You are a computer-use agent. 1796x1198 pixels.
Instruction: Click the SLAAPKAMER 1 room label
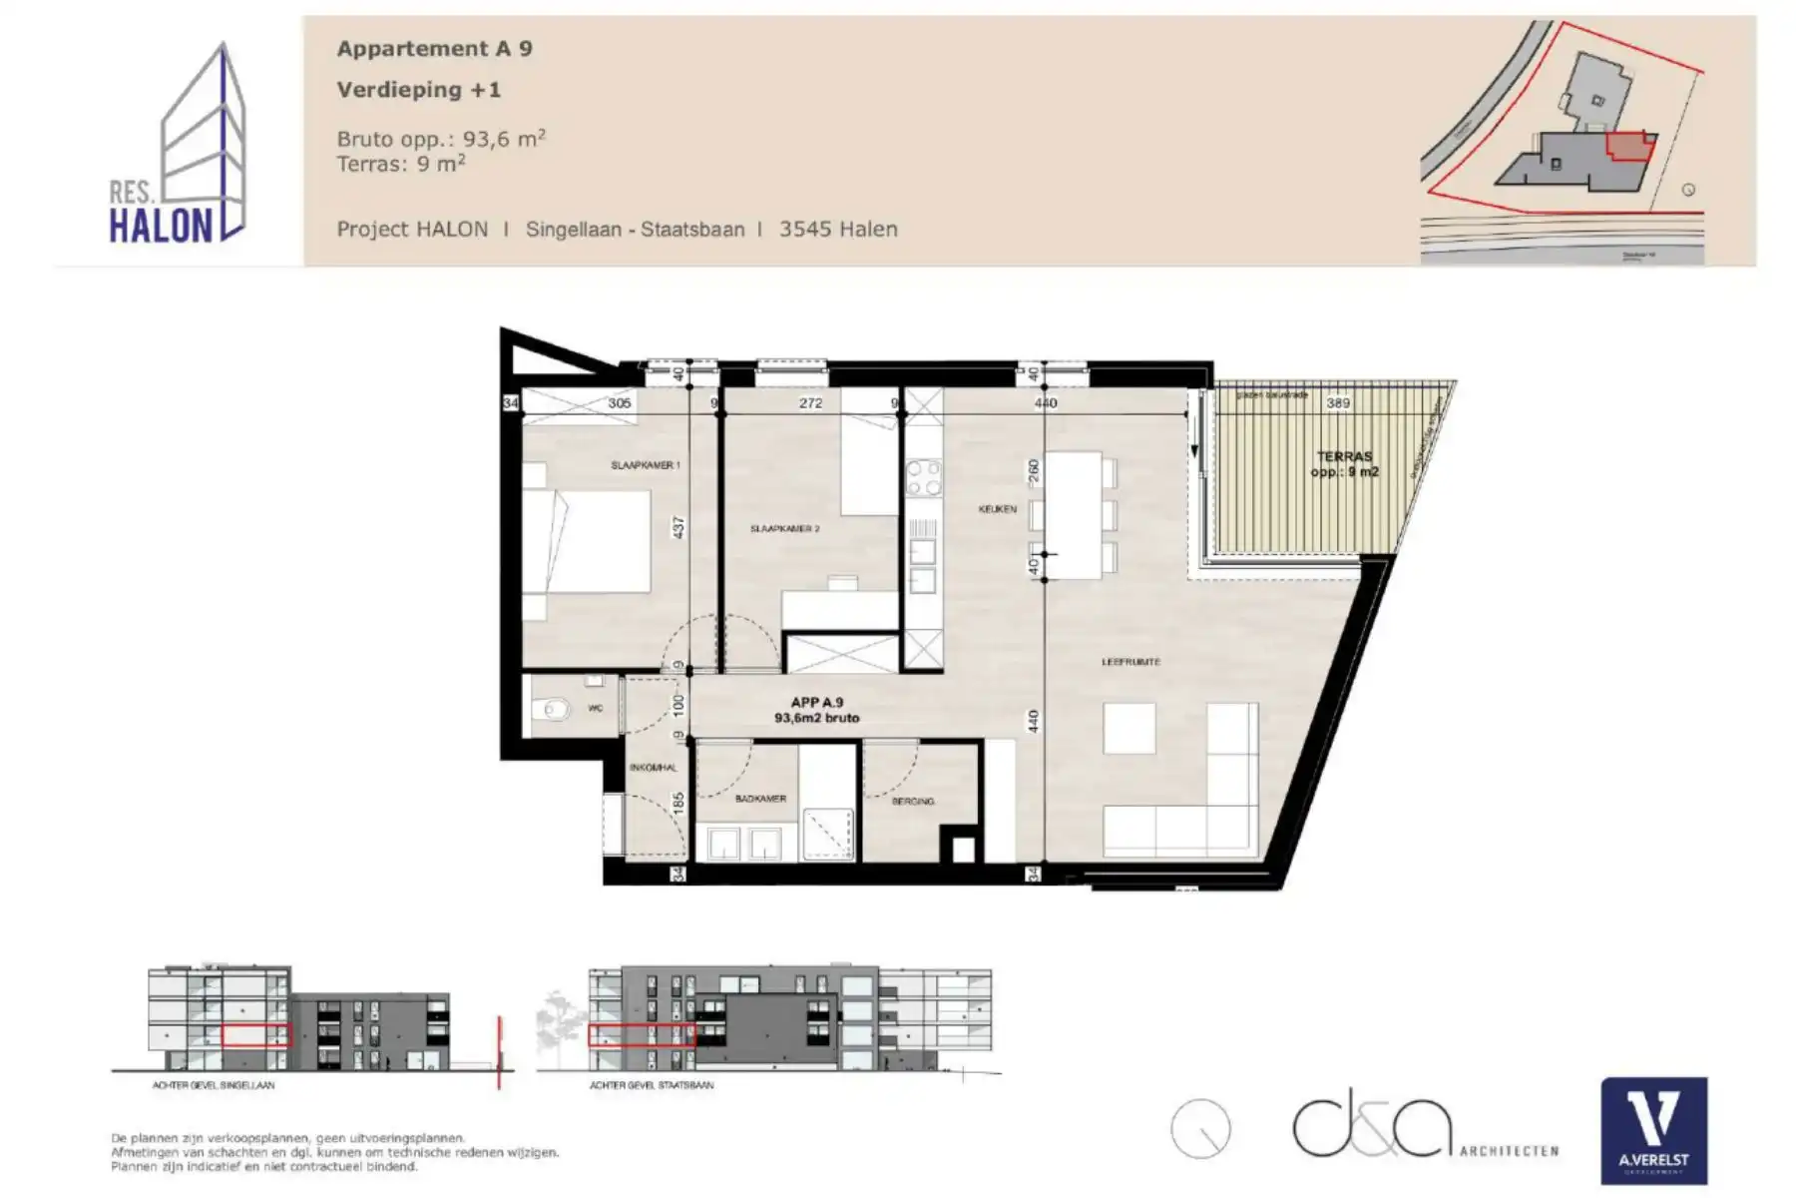(646, 465)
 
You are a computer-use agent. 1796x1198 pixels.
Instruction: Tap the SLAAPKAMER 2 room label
(784, 528)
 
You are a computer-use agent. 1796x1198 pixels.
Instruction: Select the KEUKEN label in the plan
(998, 509)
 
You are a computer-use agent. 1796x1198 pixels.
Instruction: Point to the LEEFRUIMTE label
(1130, 662)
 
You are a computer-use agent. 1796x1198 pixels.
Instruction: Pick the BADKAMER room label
(760, 799)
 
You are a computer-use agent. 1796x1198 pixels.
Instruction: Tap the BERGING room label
(912, 801)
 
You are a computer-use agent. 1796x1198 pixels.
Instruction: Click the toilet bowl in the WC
(550, 711)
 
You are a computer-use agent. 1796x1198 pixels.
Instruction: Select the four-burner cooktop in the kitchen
(923, 477)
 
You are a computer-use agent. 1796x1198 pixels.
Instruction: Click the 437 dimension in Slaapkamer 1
(678, 526)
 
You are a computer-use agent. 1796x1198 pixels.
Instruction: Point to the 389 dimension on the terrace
(1337, 403)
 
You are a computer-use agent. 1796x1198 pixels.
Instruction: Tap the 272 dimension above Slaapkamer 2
(810, 403)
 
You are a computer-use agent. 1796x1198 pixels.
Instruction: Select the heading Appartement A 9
(434, 49)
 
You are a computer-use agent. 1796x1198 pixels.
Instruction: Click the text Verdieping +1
(419, 90)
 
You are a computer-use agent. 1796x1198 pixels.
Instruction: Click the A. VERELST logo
(1653, 1130)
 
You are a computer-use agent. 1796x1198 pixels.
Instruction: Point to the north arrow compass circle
(1200, 1129)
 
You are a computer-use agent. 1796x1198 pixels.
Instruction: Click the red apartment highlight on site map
(1626, 147)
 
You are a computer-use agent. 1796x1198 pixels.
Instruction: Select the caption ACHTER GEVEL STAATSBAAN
(651, 1085)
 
